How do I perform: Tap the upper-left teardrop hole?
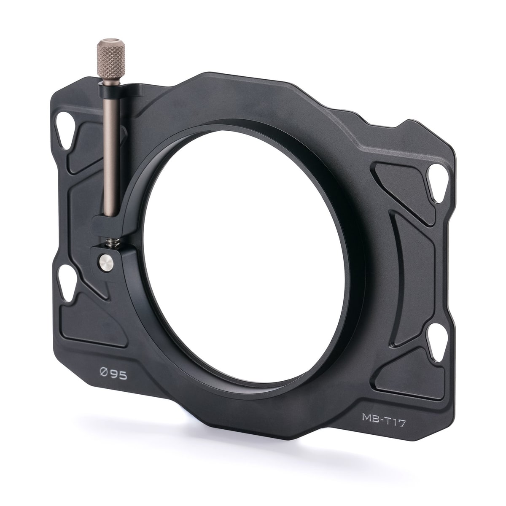tap(65, 130)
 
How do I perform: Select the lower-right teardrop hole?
tap(437, 342)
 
